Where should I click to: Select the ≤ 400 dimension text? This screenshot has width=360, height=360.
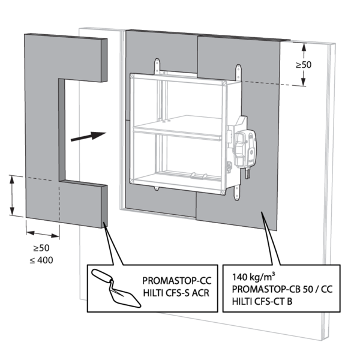[43, 260]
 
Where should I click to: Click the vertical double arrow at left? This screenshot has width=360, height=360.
[13, 195]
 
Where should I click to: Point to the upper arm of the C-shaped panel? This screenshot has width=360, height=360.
[66, 57]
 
